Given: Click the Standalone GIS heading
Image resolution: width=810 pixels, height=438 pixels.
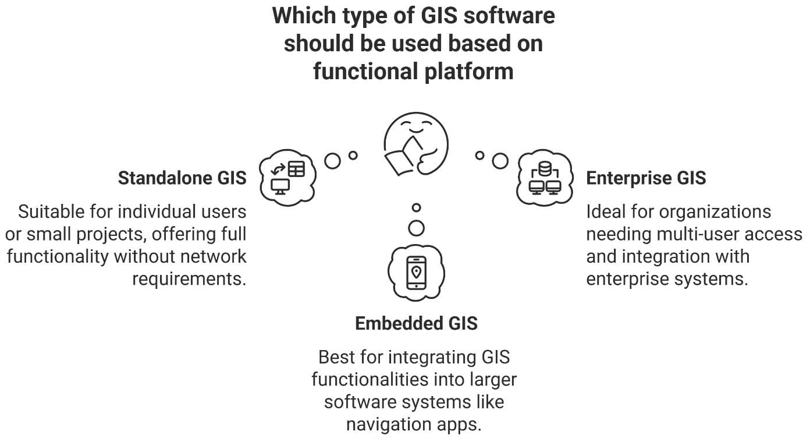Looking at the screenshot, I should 182,178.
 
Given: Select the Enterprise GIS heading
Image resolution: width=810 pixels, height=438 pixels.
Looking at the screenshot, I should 646,178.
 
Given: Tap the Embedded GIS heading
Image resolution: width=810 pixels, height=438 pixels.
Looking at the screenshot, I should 416,323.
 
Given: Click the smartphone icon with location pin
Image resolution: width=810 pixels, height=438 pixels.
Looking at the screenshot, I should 416,272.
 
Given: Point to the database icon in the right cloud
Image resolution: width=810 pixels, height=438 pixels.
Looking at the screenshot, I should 545,169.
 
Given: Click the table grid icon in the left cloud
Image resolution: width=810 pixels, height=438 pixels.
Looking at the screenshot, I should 296,169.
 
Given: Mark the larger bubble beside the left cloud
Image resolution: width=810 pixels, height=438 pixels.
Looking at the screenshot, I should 333,161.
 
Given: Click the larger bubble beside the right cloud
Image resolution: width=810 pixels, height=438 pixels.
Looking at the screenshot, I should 500,161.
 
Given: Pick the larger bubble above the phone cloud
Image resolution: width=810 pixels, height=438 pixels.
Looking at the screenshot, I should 416,228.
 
